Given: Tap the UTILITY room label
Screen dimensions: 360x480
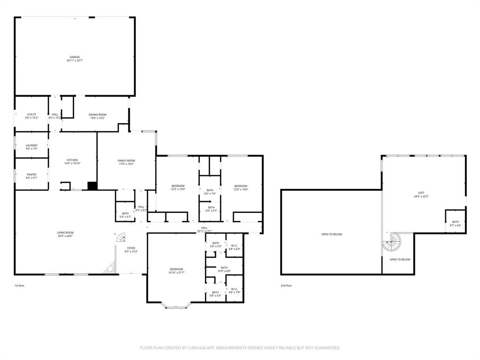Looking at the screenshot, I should coord(31,114).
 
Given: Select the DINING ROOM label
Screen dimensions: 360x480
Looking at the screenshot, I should coord(97,114).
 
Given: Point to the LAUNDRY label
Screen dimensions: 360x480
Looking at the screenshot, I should coord(31,145).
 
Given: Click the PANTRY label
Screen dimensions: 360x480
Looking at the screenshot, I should coord(31,174).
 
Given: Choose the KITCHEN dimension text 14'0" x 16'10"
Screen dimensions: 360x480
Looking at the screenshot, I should coord(73,163).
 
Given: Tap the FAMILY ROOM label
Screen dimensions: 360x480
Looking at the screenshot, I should coord(126,161).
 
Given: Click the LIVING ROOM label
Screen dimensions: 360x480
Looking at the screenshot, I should coord(65,232).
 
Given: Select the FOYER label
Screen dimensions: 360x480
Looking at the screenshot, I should coord(131,248).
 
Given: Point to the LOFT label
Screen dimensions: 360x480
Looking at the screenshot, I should coord(421,193).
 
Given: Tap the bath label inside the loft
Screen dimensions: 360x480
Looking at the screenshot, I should coord(455,222).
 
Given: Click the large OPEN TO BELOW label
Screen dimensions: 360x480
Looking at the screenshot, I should coord(331,234).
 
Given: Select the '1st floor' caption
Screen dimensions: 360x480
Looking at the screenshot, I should coord(19,285).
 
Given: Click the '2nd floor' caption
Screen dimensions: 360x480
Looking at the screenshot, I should coord(286,285).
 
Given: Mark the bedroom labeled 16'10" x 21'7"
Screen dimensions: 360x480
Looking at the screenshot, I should coord(176,269).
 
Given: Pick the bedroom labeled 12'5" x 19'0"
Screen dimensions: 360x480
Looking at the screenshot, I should coord(178,186).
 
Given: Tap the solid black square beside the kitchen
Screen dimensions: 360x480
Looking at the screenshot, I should coord(92,186).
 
